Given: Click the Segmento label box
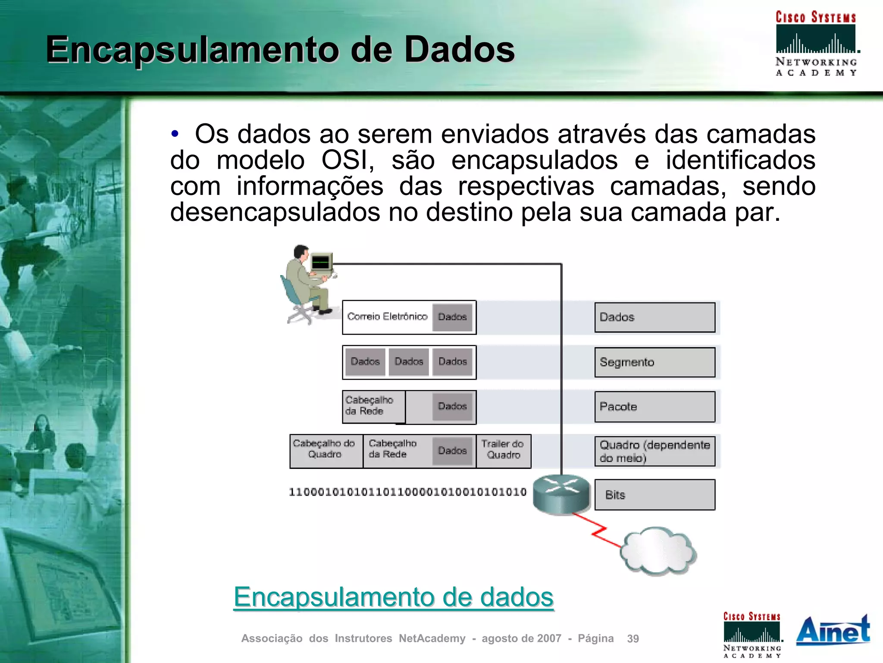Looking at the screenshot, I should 654,362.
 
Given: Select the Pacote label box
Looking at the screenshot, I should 654,407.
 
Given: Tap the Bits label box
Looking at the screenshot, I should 654,495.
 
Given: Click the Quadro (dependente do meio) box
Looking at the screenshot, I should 654,451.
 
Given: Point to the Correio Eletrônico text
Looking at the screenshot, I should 387,317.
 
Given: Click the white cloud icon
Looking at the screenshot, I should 658,551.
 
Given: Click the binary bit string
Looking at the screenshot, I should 407,492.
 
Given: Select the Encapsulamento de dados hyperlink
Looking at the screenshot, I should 393,597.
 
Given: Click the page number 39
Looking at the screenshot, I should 633,638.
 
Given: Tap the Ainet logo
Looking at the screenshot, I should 833,631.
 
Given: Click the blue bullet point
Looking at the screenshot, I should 175,134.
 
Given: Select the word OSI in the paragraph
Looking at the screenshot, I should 348,160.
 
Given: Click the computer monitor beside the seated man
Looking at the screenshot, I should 321,262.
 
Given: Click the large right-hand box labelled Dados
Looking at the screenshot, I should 654,317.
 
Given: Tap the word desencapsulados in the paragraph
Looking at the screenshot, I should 275,212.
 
